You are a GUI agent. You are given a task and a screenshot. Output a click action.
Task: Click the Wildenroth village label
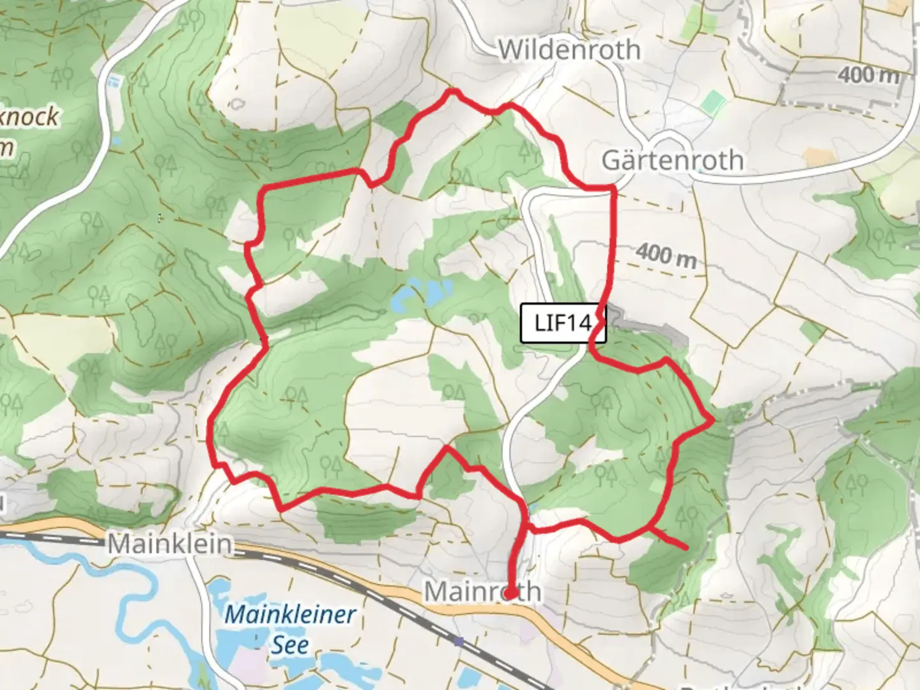(x=569, y=50)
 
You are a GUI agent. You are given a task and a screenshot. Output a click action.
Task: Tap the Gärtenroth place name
(x=673, y=160)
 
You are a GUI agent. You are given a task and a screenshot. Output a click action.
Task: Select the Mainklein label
(x=169, y=544)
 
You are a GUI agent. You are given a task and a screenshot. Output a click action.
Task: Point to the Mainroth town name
(x=482, y=592)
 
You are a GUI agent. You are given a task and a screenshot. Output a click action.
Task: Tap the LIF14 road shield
(x=562, y=323)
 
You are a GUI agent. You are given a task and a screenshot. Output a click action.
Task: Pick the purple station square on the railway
(x=459, y=641)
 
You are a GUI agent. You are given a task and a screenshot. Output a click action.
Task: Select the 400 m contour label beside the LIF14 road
(x=666, y=256)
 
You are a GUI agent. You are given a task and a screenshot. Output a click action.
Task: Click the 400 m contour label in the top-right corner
(x=868, y=75)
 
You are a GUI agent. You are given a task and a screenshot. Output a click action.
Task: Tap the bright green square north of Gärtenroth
(x=712, y=101)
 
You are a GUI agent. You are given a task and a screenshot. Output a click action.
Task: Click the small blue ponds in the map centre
(x=422, y=292)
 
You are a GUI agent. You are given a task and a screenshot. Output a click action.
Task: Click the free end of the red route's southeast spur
(x=686, y=548)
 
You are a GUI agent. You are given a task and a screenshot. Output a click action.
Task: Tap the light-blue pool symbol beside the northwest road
(x=114, y=81)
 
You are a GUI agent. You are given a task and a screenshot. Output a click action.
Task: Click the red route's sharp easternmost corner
(x=712, y=420)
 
